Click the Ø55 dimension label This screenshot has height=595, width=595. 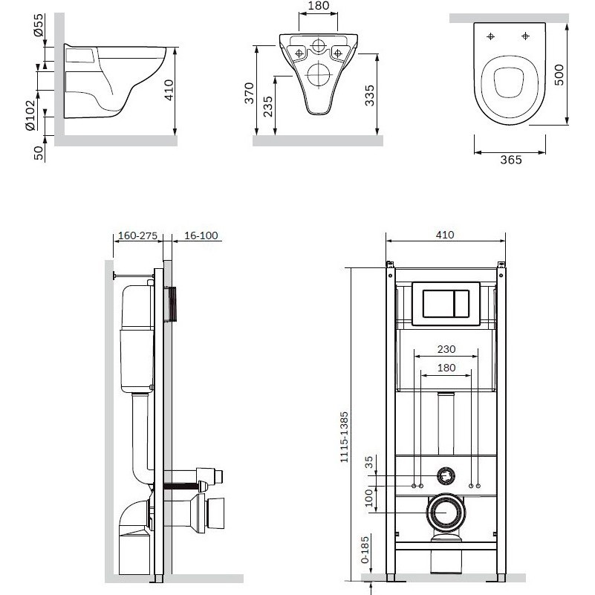click(x=39, y=26)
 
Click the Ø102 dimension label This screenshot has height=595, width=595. click(x=30, y=115)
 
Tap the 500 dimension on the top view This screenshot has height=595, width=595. click(x=559, y=75)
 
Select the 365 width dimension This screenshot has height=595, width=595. click(x=511, y=160)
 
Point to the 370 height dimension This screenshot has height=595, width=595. click(x=249, y=93)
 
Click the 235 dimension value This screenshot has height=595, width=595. click(x=268, y=107)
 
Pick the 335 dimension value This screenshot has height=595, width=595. click(x=369, y=96)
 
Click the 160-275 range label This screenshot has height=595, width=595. click(x=137, y=235)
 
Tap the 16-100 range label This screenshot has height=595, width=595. click(x=201, y=235)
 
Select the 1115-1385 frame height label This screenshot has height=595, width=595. click(x=344, y=437)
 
